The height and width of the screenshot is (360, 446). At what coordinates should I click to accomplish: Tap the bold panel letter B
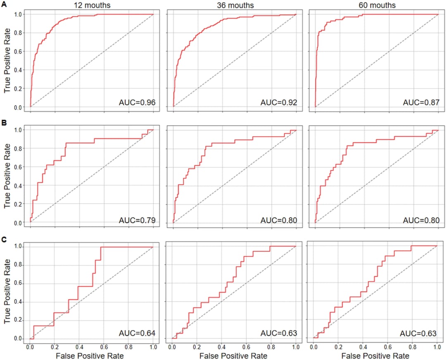[x=4, y=122]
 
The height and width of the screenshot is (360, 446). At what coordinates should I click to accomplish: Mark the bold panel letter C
[x=4, y=239]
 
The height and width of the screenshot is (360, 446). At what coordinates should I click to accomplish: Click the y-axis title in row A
[x=7, y=61]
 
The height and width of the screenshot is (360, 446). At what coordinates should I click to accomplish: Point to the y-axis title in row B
[x=7, y=176]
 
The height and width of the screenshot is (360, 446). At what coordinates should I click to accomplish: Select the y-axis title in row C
[x=7, y=292]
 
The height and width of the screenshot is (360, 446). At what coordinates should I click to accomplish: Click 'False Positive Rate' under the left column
[x=92, y=355]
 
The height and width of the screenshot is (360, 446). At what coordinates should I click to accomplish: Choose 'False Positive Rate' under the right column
[x=376, y=355]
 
